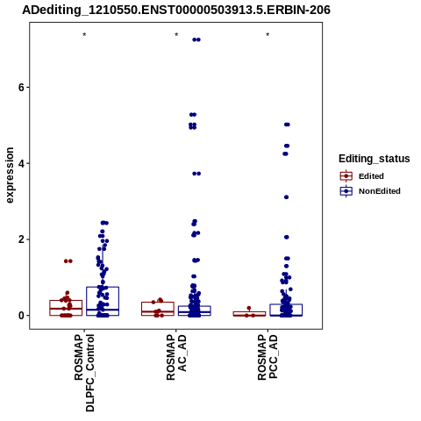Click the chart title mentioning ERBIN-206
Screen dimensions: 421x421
[x=176, y=10]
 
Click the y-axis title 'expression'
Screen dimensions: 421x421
[x=10, y=175]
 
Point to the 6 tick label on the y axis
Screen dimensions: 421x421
[x=21, y=87]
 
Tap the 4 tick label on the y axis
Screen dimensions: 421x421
[x=21, y=163]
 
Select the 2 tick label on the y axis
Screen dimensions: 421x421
[x=21, y=239]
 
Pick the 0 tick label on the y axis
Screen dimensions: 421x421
[x=21, y=316]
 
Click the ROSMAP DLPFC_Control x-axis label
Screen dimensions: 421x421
[x=84, y=373]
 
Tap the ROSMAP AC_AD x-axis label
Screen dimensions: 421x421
[x=176, y=357]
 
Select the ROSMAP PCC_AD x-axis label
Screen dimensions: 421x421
[x=268, y=357]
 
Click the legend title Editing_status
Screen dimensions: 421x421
[x=375, y=159]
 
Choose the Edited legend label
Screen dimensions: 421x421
[x=371, y=176]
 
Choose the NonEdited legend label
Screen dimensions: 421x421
[x=380, y=191]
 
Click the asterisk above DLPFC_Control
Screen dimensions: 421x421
[x=84, y=35]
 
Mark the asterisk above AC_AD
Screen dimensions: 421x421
[x=176, y=35]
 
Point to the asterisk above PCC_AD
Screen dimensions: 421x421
[x=268, y=35]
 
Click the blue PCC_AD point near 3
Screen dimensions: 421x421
[x=286, y=197]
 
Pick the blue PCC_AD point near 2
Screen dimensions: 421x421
[x=287, y=237]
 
